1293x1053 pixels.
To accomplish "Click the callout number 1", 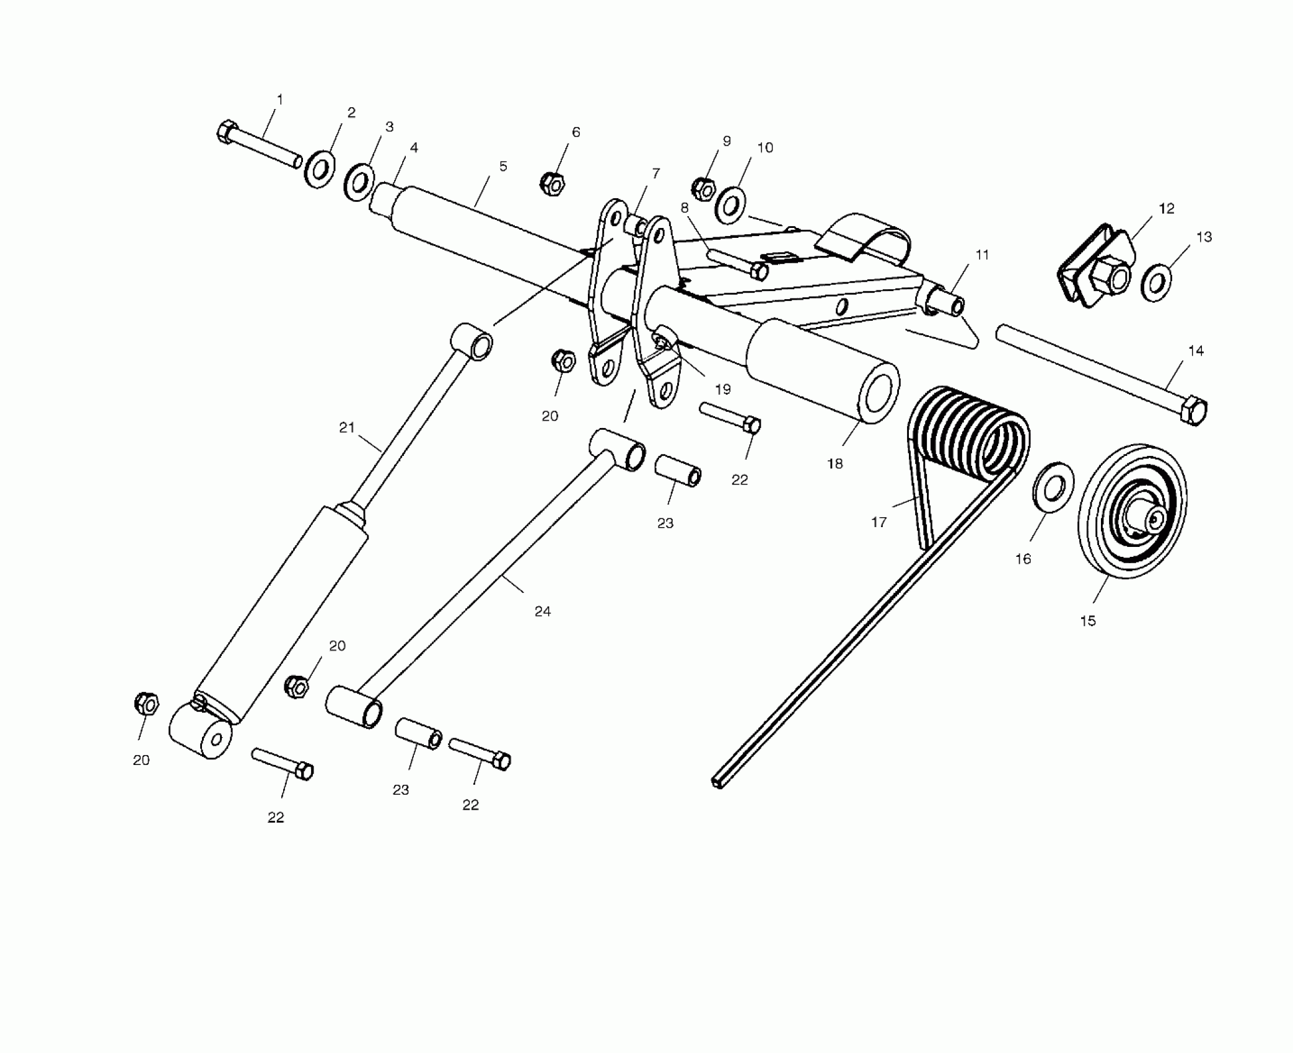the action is tap(279, 99).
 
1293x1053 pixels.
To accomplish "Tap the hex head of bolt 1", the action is tap(226, 131).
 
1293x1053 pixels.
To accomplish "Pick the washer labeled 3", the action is tap(359, 183).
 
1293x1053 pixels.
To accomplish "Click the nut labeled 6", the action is tap(551, 183).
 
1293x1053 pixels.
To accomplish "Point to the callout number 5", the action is tap(503, 166).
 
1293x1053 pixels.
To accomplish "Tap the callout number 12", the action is tap(1166, 209).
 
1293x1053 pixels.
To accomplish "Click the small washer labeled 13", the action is tap(1156, 284).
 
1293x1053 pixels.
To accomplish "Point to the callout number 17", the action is tap(879, 522).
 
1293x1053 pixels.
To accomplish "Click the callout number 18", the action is tap(835, 463).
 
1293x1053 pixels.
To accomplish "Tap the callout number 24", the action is tap(542, 611).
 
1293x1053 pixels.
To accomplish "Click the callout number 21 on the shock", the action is tap(346, 427).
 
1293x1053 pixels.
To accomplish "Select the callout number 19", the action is tap(722, 389).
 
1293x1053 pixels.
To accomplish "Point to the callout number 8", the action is tap(685, 208).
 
